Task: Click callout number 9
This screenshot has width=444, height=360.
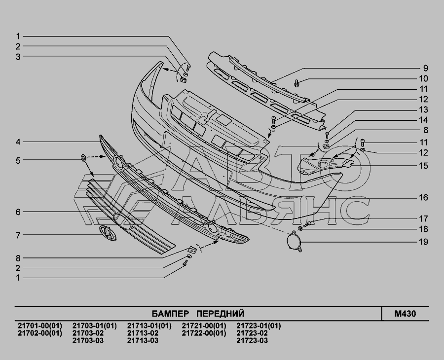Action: [x=425, y=68]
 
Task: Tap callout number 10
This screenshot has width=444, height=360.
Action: [x=423, y=78]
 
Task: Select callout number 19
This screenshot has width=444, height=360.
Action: [x=423, y=242]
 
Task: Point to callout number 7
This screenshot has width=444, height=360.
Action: [x=18, y=235]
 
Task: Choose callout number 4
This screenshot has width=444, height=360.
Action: [x=18, y=142]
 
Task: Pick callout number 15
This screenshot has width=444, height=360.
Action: [x=423, y=166]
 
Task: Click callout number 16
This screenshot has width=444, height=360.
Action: [x=423, y=197]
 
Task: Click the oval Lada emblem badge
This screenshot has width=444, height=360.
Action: [x=107, y=233]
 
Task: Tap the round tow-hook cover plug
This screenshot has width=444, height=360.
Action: [x=295, y=241]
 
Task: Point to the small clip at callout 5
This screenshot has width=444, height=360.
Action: [x=83, y=158]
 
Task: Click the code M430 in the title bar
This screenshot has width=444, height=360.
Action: [x=405, y=314]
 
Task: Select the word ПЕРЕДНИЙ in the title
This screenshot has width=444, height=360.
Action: [x=221, y=314]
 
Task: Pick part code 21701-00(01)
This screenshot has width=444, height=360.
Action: [x=40, y=326]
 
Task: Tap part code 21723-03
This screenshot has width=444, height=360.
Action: [x=252, y=340]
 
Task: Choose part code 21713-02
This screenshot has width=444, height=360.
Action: [x=143, y=333]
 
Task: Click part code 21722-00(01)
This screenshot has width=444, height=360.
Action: [x=204, y=333]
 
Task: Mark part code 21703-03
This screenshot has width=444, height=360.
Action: [x=88, y=340]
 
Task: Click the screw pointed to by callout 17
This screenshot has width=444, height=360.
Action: [x=307, y=224]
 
